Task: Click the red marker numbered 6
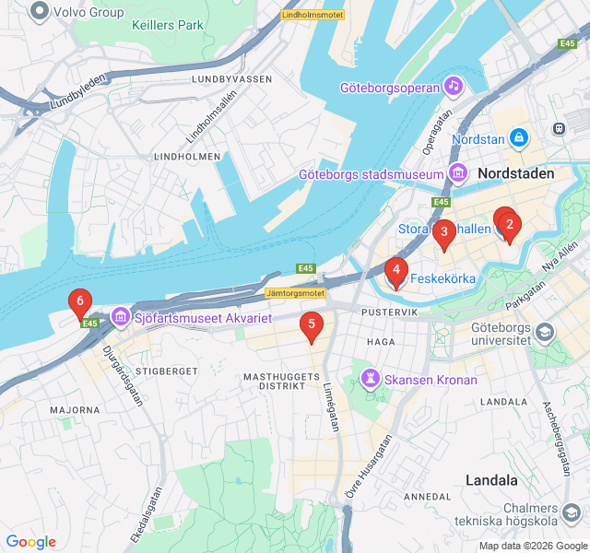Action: (x=80, y=302)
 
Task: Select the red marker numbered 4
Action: (x=395, y=272)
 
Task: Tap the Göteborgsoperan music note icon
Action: (x=453, y=87)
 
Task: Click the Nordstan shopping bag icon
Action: (x=519, y=138)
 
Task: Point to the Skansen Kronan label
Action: (x=431, y=380)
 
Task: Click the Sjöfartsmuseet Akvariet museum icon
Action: (x=120, y=318)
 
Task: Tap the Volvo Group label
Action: (x=88, y=12)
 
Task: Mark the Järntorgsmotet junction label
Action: (x=295, y=293)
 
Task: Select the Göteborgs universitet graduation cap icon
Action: (x=545, y=332)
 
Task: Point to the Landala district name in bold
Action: (x=491, y=480)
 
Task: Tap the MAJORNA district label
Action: (x=76, y=409)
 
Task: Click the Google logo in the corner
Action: (x=30, y=542)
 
